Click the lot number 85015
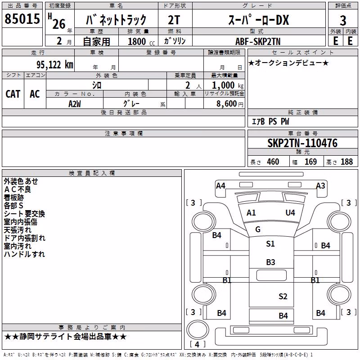click(22, 19)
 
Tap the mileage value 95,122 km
click(55, 65)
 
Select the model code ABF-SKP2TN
click(258, 41)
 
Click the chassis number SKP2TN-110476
click(302, 143)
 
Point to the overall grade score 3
click(343, 21)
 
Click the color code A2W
click(74, 104)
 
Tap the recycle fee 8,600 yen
click(230, 104)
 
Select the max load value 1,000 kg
click(228, 85)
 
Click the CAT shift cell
click(13, 94)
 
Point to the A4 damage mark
click(220, 185)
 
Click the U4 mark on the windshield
click(290, 212)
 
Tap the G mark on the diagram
click(258, 229)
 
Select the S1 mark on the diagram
click(270, 243)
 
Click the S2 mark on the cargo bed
click(283, 297)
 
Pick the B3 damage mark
click(270, 262)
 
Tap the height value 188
click(346, 162)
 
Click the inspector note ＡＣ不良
click(18, 189)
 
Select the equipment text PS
click(273, 121)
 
